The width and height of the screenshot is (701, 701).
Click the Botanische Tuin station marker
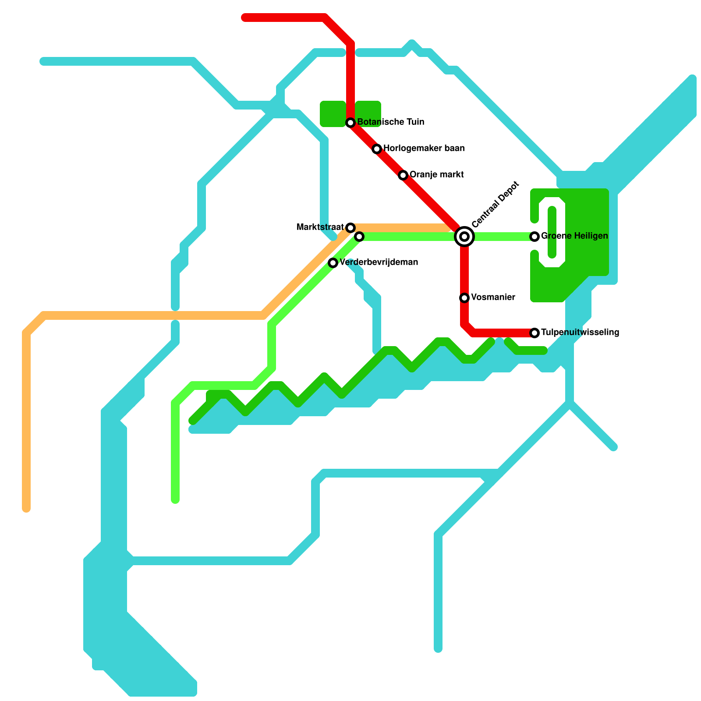(x=350, y=123)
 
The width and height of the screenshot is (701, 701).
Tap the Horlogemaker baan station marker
(x=377, y=149)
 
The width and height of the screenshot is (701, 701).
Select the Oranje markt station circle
(x=403, y=175)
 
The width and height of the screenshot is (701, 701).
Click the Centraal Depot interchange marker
(x=464, y=237)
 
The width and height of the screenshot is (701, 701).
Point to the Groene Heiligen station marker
(x=535, y=237)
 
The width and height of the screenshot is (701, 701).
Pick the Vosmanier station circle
(x=464, y=298)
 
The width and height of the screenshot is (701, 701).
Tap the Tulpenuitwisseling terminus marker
(x=535, y=333)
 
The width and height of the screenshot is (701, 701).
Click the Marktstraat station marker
(x=350, y=228)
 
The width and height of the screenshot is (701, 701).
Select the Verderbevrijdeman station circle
(x=333, y=263)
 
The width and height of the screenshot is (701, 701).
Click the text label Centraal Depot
(x=495, y=205)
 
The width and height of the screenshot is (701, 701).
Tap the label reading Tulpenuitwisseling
(x=580, y=333)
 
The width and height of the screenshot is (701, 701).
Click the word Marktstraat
(x=320, y=227)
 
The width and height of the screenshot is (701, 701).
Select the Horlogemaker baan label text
(x=424, y=149)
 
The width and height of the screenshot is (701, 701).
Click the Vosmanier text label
(x=493, y=297)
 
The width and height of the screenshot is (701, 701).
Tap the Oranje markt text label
(x=436, y=175)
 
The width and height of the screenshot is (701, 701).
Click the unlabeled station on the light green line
(x=359, y=237)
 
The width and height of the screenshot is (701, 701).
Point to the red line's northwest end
(x=245, y=18)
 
